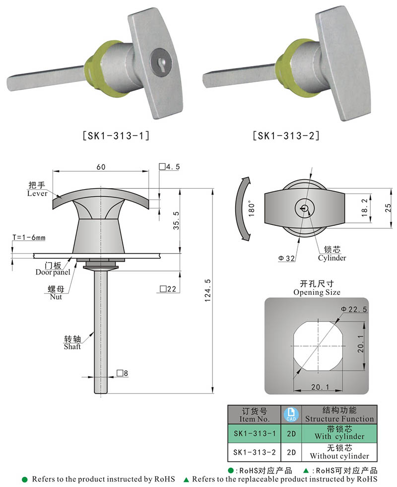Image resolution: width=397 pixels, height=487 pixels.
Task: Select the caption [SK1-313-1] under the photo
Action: coord(115,135)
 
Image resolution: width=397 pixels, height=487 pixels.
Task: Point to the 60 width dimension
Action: coord(101,167)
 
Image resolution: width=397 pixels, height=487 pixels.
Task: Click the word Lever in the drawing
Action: coord(37,194)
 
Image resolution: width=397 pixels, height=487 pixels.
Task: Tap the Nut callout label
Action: coord(56,297)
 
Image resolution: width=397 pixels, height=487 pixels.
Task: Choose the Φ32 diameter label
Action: coord(287,258)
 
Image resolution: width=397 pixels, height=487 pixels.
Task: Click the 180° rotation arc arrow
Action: coord(250,209)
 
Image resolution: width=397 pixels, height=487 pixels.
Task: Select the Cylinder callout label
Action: coord(332,258)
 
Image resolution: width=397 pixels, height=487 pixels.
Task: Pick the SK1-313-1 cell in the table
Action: coord(254,433)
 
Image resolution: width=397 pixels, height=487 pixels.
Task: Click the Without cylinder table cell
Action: coord(339,456)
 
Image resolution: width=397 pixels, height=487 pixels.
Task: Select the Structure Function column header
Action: coord(339,418)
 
